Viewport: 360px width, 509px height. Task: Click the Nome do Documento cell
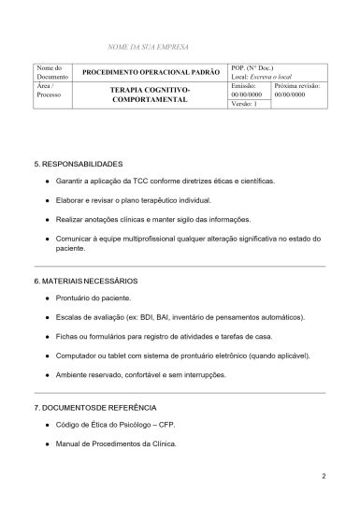50,72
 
